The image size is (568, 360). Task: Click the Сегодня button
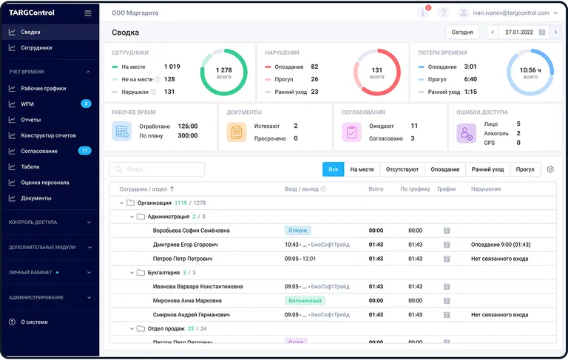pyautogui.click(x=462, y=33)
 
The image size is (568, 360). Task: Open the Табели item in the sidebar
pyautogui.click(x=30, y=166)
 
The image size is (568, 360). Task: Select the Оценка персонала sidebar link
pyautogui.click(x=45, y=182)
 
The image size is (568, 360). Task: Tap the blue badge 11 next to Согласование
pyautogui.click(x=84, y=151)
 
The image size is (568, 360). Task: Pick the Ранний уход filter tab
pyautogui.click(x=487, y=169)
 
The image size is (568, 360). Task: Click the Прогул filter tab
pyautogui.click(x=525, y=169)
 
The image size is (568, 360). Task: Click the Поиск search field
pyautogui.click(x=157, y=169)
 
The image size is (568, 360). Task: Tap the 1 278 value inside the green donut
pyautogui.click(x=223, y=69)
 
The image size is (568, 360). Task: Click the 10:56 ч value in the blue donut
pyautogui.click(x=530, y=69)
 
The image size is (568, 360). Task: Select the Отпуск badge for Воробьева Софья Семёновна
pyautogui.click(x=297, y=231)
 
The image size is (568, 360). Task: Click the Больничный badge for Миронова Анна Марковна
pyautogui.click(x=305, y=301)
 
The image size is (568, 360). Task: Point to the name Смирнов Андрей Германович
pyautogui.click(x=191, y=315)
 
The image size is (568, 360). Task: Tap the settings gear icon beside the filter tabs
pyautogui.click(x=550, y=169)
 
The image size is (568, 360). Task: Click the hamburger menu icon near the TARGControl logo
pyautogui.click(x=88, y=13)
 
